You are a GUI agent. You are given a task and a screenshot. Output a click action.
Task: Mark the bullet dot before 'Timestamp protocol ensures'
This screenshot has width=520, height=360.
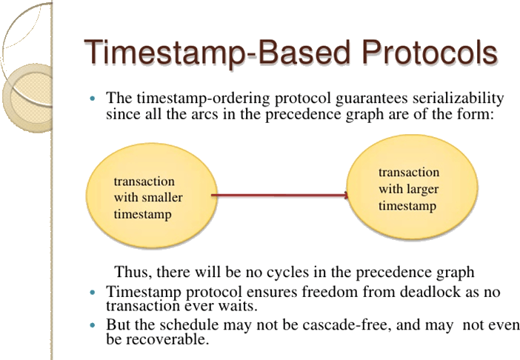click(x=93, y=291)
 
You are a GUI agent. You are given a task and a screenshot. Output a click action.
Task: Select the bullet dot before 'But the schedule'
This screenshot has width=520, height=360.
click(x=93, y=326)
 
